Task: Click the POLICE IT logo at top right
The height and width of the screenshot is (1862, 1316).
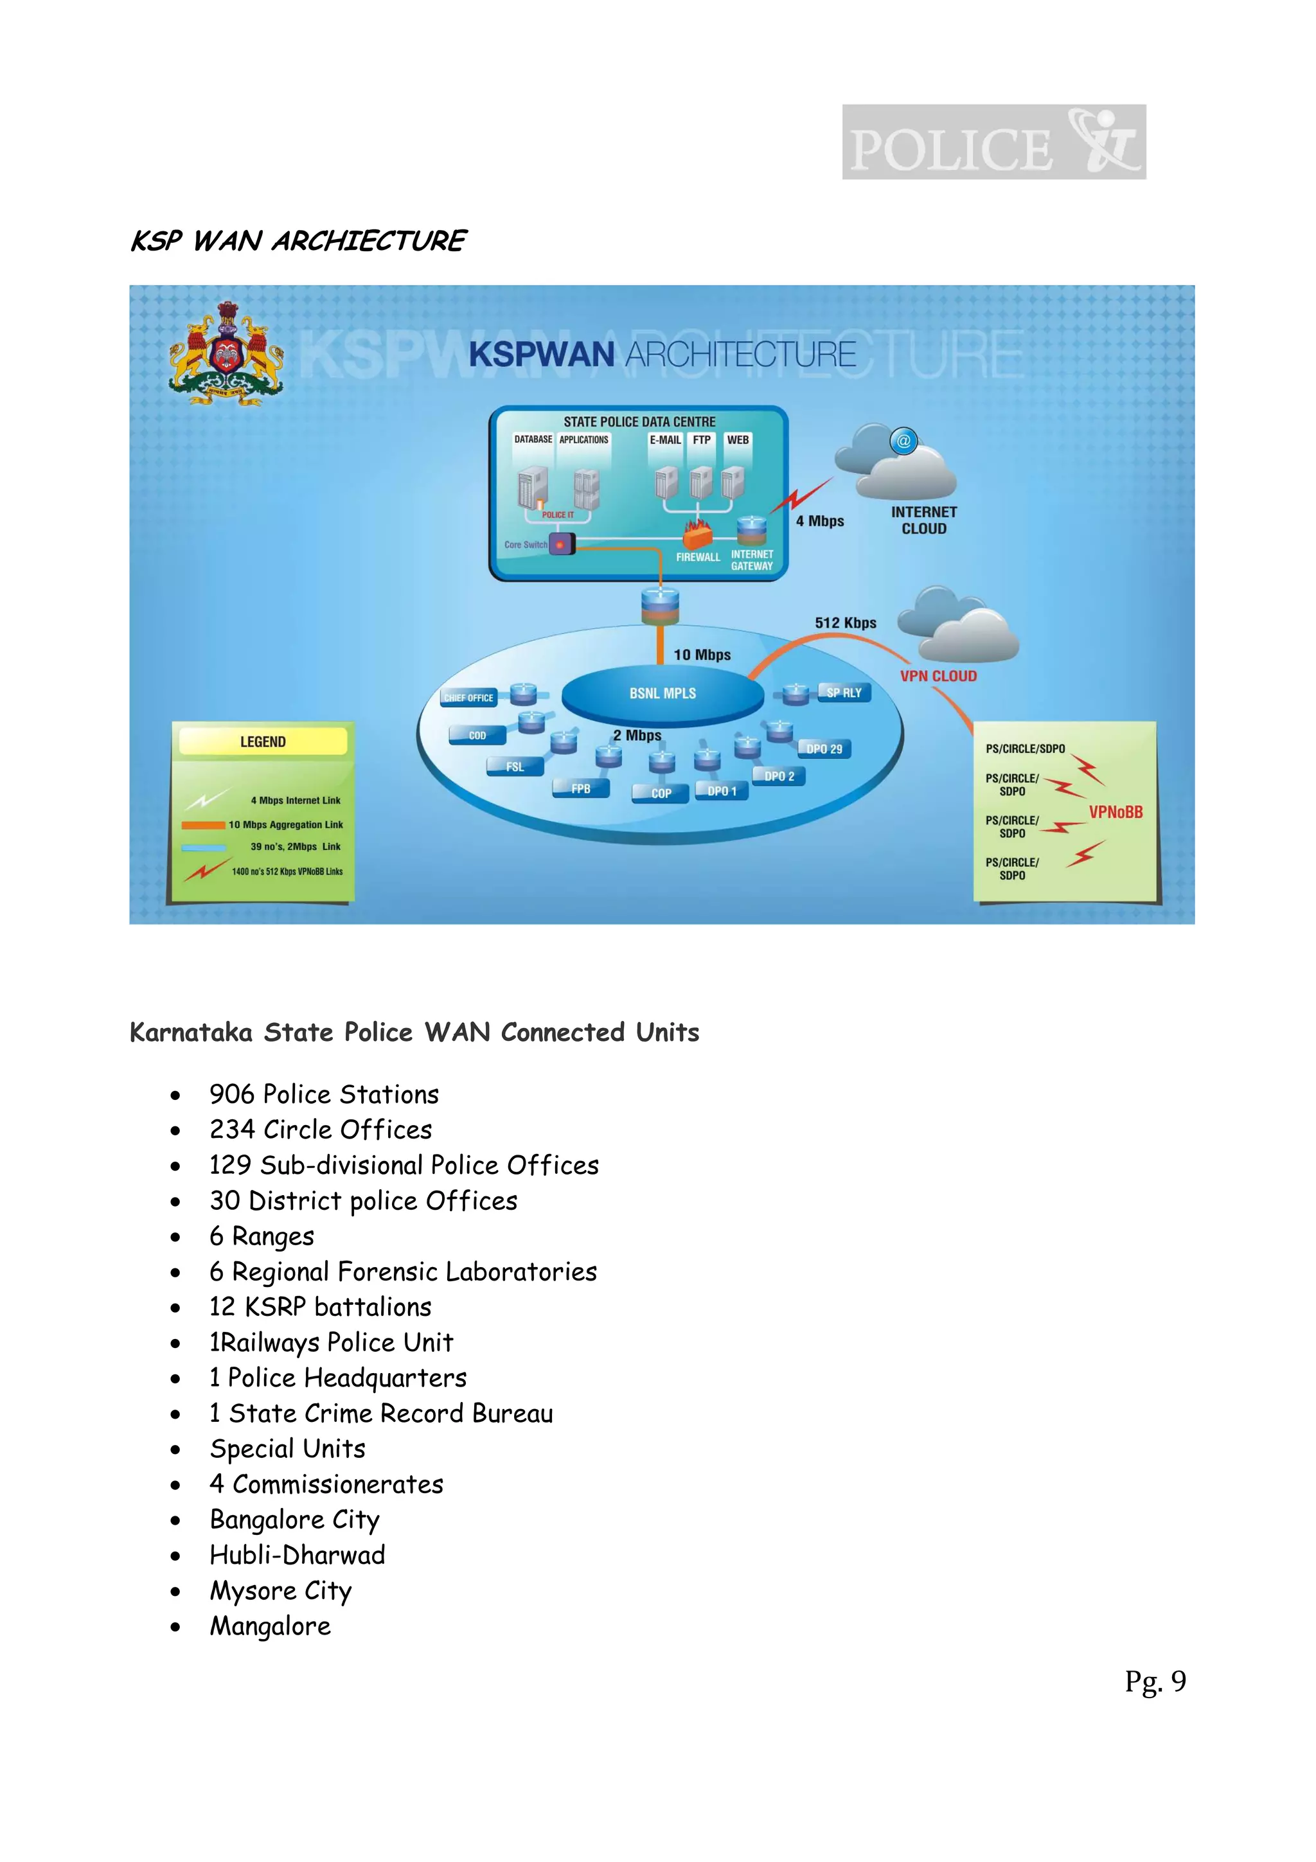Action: point(993,142)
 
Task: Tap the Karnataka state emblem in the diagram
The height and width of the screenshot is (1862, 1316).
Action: point(226,355)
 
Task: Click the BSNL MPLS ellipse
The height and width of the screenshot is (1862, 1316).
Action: point(662,694)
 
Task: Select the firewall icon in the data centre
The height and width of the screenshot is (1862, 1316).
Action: point(697,534)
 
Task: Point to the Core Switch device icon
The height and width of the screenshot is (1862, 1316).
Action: point(561,544)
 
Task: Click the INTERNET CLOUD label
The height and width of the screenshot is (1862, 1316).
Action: point(923,520)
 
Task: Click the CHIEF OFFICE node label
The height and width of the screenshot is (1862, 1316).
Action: point(468,697)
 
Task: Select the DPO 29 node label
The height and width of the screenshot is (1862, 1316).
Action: point(824,749)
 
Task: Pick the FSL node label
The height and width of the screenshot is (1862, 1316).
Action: point(515,767)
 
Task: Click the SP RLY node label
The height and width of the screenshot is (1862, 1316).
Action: point(844,693)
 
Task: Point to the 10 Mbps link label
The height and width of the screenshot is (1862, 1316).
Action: point(702,655)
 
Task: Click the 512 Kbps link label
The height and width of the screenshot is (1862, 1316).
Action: point(846,623)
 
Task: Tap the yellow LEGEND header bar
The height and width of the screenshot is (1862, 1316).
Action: point(263,742)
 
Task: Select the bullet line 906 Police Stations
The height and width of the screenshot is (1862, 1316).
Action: point(323,1095)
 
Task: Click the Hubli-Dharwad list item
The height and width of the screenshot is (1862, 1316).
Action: point(297,1556)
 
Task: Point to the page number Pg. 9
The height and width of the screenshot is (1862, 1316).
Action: point(1155,1681)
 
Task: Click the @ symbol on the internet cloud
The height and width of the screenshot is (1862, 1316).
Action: point(903,441)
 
